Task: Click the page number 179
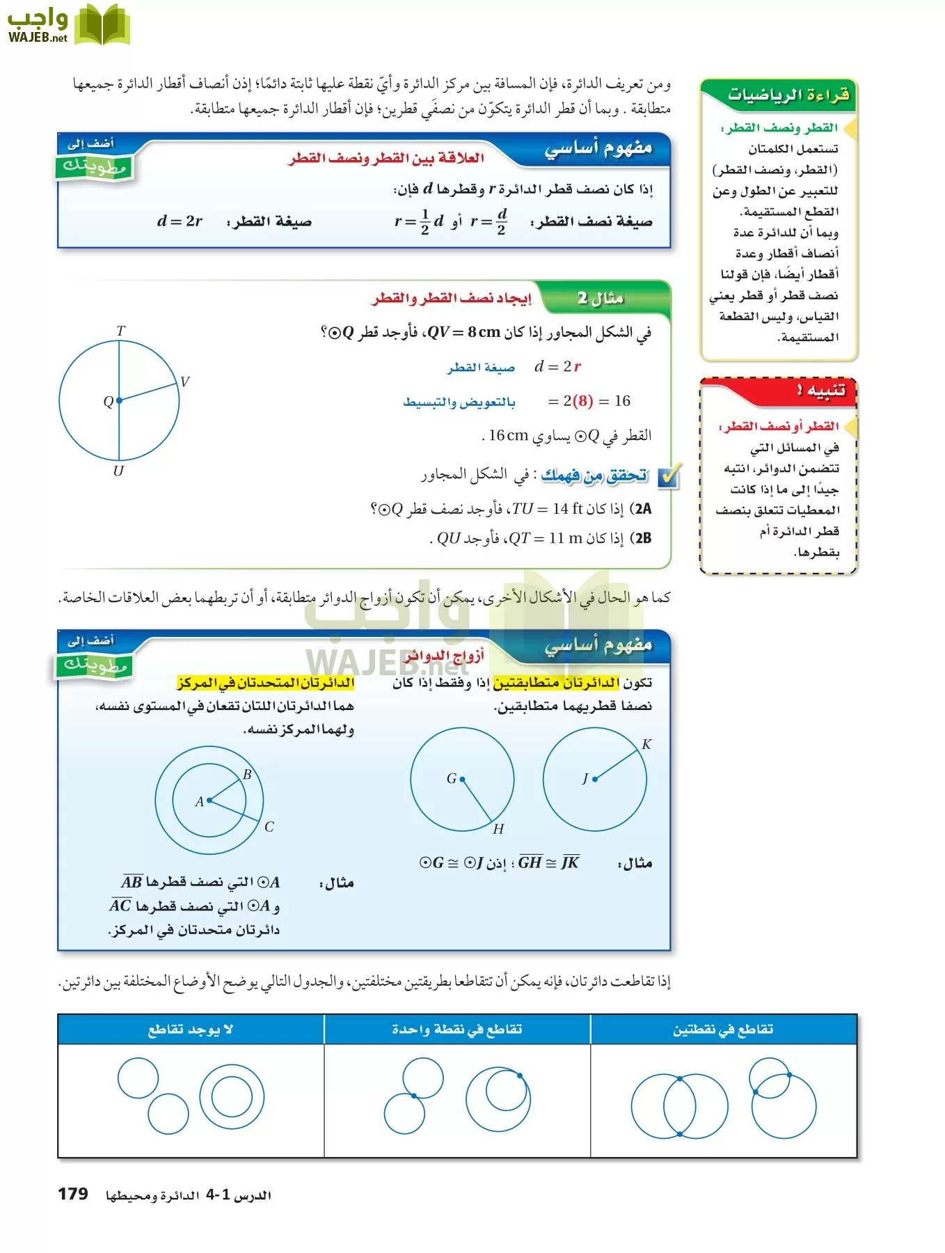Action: pyautogui.click(x=73, y=1194)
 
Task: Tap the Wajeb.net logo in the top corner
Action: pyautogui.click(x=67, y=26)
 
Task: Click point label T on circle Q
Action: pyautogui.click(x=120, y=331)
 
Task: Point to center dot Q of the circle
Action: pyautogui.click(x=119, y=400)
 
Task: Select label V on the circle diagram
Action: pyautogui.click(x=184, y=381)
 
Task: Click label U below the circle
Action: pyautogui.click(x=118, y=471)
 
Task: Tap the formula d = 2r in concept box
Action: pyautogui.click(x=180, y=221)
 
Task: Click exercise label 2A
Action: pyautogui.click(x=641, y=509)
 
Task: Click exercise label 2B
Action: pyautogui.click(x=641, y=538)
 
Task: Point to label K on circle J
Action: pyautogui.click(x=646, y=744)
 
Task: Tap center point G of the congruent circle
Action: pyautogui.click(x=462, y=779)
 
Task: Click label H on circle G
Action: pyautogui.click(x=498, y=829)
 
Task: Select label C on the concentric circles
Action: pyautogui.click(x=269, y=826)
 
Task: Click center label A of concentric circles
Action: pyautogui.click(x=200, y=801)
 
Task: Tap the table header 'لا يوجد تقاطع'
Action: pyautogui.click(x=190, y=1030)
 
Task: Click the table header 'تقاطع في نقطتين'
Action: pyautogui.click(x=723, y=1030)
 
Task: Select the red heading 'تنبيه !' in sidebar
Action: pyautogui.click(x=821, y=390)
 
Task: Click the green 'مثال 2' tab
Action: pyautogui.click(x=601, y=299)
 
